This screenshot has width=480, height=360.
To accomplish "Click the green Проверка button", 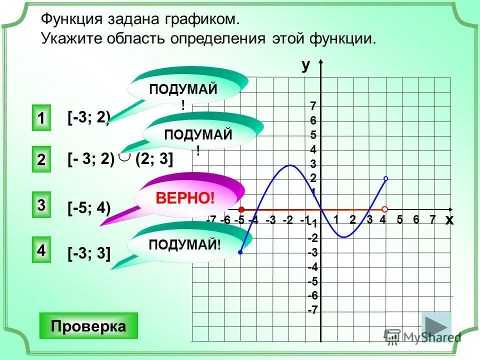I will (88, 326).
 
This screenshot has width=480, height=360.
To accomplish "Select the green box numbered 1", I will (41, 119).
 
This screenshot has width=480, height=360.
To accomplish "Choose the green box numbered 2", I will (41, 160).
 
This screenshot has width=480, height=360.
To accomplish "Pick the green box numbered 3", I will (41, 205).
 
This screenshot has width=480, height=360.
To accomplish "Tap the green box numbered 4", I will (41, 249).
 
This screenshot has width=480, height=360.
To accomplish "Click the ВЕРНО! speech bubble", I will (185, 197).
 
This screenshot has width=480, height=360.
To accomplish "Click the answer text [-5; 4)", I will (89, 208).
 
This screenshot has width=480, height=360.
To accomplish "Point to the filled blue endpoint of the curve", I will (240, 253).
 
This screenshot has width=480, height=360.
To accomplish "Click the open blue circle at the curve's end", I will (385, 178).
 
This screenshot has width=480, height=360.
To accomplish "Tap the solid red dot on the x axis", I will (241, 209).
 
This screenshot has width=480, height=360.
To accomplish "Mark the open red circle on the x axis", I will (385, 209).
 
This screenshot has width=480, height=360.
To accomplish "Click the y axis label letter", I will (305, 65).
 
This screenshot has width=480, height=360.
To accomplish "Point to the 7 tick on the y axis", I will (313, 106).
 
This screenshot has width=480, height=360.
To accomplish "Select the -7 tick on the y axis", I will (312, 310).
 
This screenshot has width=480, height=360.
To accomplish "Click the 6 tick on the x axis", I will (416, 219).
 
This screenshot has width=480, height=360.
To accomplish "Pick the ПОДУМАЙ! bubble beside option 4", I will (185, 244).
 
